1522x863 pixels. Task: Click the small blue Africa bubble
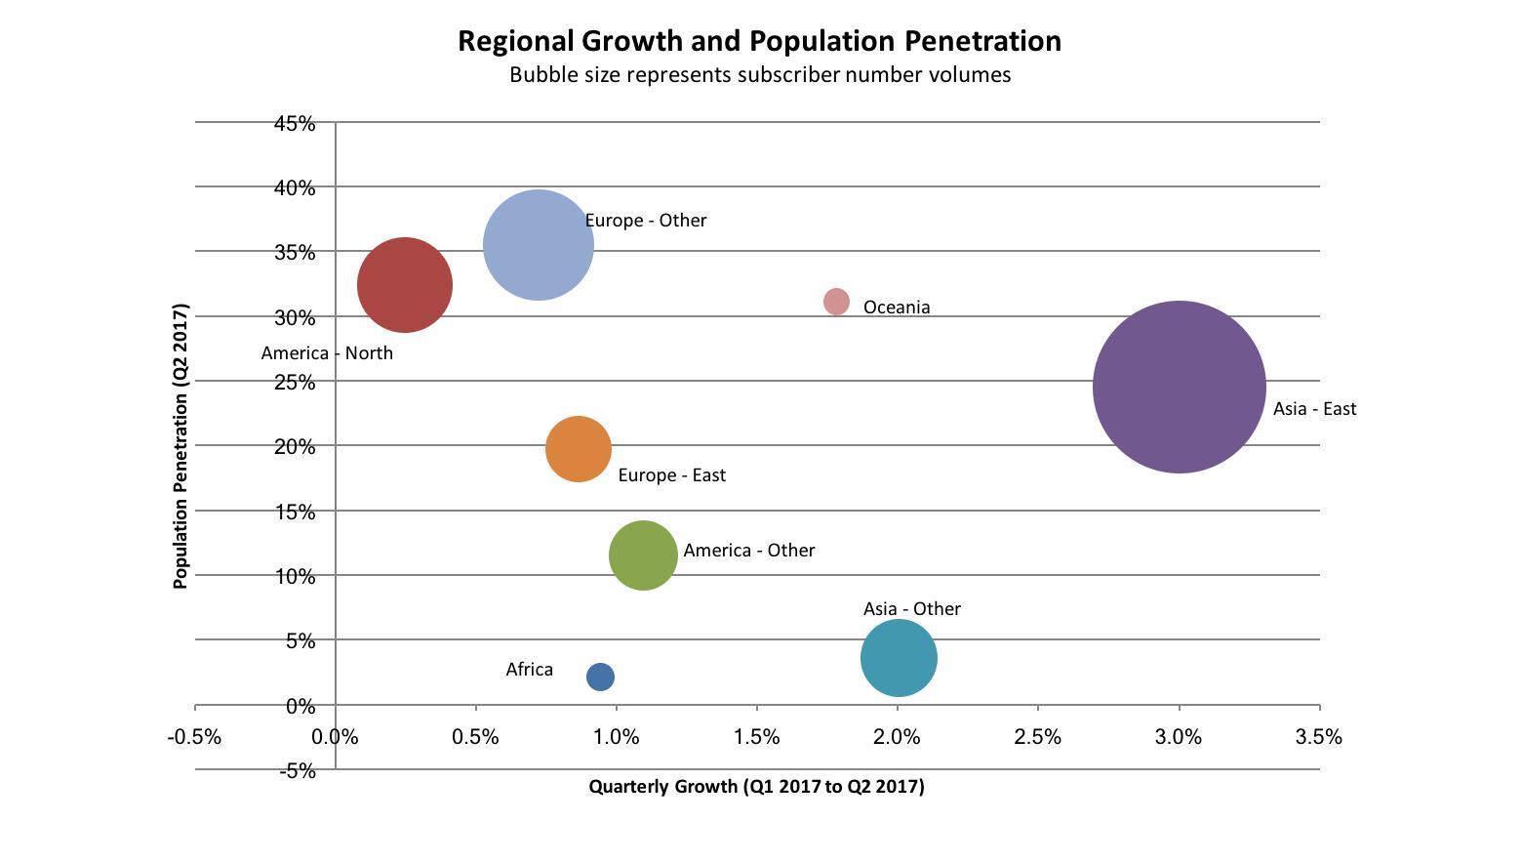click(x=600, y=677)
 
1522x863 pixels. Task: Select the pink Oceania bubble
click(x=836, y=302)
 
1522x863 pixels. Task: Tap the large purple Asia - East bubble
click(x=1179, y=388)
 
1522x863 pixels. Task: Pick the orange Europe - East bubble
click(x=579, y=449)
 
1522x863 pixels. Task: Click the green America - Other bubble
click(x=643, y=555)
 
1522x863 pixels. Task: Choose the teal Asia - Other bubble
click(x=899, y=658)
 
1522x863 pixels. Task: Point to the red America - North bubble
click(x=405, y=285)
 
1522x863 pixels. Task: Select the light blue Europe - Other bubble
click(x=539, y=245)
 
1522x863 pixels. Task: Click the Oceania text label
click(x=897, y=308)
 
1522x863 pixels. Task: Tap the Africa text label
click(x=529, y=670)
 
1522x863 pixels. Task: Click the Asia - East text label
click(x=1314, y=409)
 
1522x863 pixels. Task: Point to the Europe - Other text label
click(x=646, y=221)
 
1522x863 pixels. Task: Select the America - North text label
click(x=327, y=353)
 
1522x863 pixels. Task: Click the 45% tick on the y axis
click(x=295, y=124)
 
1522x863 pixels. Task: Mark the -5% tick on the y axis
click(x=298, y=771)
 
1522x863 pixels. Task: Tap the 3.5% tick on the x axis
click(x=1319, y=737)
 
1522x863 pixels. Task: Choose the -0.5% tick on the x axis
click(x=195, y=737)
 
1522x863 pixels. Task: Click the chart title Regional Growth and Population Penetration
click(x=759, y=41)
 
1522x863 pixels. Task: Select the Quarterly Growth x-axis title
click(x=756, y=787)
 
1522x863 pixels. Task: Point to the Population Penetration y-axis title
click(x=180, y=446)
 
